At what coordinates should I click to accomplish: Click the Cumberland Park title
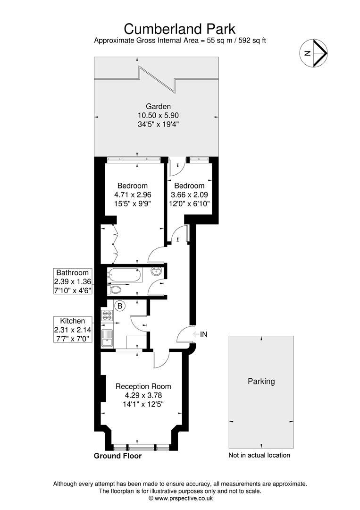[179, 29]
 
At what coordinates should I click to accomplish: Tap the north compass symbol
[313, 53]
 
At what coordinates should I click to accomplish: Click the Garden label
[158, 106]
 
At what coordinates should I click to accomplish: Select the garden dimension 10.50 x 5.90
[158, 116]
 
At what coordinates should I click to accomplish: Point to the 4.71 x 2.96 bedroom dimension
[133, 195]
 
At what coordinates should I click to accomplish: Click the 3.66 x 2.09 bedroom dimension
[189, 195]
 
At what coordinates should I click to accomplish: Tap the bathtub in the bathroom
[125, 276]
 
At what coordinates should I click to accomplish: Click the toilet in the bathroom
[114, 289]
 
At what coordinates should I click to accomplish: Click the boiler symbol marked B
[120, 306]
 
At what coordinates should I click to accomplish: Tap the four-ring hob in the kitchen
[107, 315]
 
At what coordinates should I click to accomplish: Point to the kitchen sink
[107, 339]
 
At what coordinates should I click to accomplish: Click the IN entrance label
[204, 334]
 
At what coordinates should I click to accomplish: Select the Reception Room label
[143, 386]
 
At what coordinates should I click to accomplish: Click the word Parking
[261, 382]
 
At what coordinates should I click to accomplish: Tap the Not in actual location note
[260, 455]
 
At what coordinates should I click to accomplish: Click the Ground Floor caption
[117, 456]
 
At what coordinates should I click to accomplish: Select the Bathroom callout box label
[73, 272]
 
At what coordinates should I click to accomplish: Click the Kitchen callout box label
[73, 321]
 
